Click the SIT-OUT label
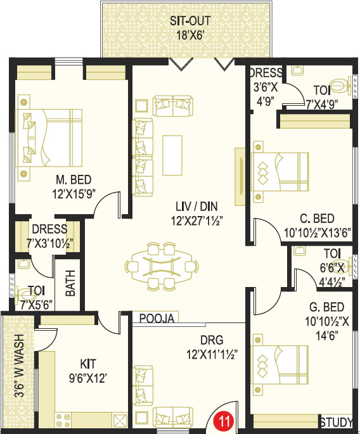pos(190,21)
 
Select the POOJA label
pos(157,318)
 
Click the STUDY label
pos(337,423)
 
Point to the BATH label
pos(70,283)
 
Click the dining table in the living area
pos(162,267)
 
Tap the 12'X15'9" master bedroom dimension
pos(74,194)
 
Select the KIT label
pos(88,364)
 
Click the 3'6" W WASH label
pos(19,366)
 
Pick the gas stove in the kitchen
pos(63,420)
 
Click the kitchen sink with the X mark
pos(120,420)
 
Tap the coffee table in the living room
pos(172,155)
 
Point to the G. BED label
pos(327,307)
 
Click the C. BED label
pos(317,219)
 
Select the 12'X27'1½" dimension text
pos(197,221)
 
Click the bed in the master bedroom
pos(49,138)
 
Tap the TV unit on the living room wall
pos(240,177)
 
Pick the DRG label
pos(212,340)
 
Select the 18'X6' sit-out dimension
pos(190,35)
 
